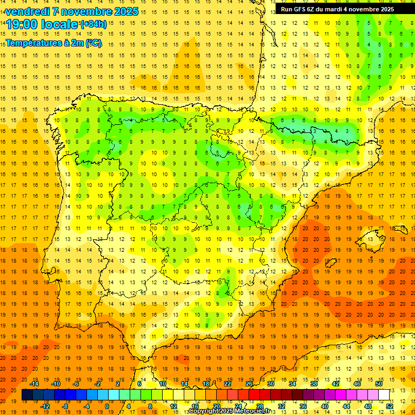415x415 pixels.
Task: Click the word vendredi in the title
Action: coord(28,11)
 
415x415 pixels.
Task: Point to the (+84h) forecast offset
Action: coord(93,24)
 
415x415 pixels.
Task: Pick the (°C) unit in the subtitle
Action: coord(93,43)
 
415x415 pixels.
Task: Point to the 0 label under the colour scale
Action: coord(106,406)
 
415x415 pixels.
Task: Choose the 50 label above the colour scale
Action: coord(379,384)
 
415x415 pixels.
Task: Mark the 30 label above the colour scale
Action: coord(270,384)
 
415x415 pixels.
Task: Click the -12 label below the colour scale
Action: coord(45,406)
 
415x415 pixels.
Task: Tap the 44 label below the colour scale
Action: coord(346,406)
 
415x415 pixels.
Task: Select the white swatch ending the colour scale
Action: coord(384,395)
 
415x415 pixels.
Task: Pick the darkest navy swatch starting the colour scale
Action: coord(27,395)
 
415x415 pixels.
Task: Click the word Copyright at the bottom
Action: coord(204,411)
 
